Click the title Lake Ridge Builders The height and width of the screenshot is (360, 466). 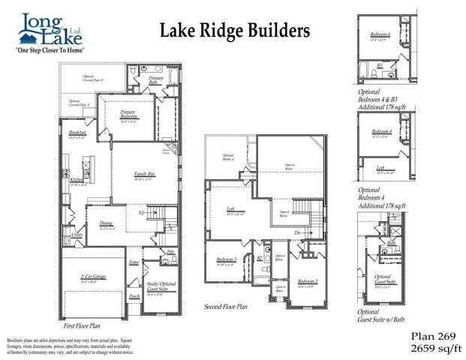tap(235, 30)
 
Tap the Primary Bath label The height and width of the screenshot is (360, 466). tap(156, 80)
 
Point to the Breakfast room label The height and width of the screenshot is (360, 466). tap(77, 133)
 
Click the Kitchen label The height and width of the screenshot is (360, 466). tap(77, 180)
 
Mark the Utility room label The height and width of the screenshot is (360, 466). tap(77, 235)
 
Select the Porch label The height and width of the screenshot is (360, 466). tap(134, 296)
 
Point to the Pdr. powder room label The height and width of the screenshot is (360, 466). tap(170, 251)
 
